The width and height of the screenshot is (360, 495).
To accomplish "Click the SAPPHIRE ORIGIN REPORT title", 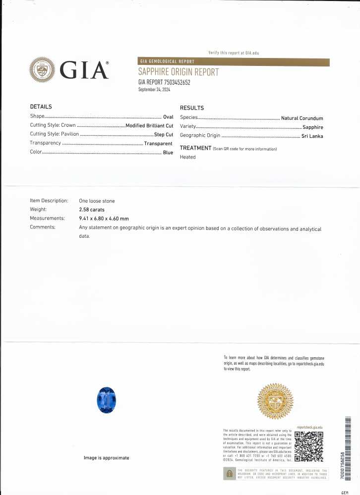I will tap(178, 72).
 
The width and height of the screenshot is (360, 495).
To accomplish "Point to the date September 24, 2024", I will tap(154, 90).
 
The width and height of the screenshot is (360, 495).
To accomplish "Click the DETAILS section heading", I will tap(41, 107).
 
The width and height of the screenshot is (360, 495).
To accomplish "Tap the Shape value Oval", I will tap(168, 117).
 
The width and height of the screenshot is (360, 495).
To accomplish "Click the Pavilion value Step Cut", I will tap(163, 135).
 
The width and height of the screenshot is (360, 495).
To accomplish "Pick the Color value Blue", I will tap(168, 153).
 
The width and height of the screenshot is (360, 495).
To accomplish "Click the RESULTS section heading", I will tap(191, 108).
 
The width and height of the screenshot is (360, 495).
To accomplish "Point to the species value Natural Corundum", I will tap(301, 118).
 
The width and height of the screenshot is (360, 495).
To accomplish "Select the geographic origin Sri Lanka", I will tap(312, 136).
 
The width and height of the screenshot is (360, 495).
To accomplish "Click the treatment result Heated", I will tap(187, 157).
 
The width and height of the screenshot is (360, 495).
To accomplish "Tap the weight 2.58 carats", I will tap(92, 210).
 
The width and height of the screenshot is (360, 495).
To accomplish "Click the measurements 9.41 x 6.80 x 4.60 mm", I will tap(104, 219).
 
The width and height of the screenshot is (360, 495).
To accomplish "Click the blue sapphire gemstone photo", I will tap(106, 400).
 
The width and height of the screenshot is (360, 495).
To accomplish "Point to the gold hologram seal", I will tap(275, 401).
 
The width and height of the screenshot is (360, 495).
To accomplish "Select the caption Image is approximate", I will tap(106, 458).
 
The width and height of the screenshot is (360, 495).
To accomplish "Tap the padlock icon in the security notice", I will tap(229, 474).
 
